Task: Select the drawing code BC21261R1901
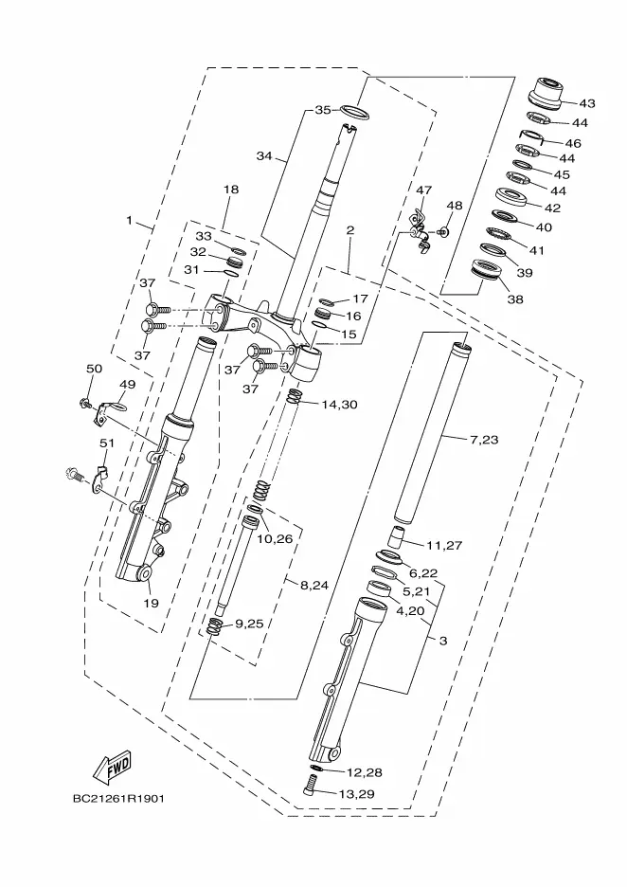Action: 118,799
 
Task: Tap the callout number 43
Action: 587,103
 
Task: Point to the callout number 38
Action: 515,299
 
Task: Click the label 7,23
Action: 483,440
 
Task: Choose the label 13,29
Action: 356,794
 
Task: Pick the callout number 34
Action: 264,156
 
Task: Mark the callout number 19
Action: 151,603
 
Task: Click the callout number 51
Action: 107,443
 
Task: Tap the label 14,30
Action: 339,405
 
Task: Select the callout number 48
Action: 455,206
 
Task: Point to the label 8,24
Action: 314,586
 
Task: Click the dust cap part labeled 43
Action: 546,93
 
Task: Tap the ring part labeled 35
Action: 355,112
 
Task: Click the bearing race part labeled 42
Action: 511,196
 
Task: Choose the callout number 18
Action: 231,190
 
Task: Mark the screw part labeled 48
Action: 441,231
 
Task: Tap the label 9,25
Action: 249,624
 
